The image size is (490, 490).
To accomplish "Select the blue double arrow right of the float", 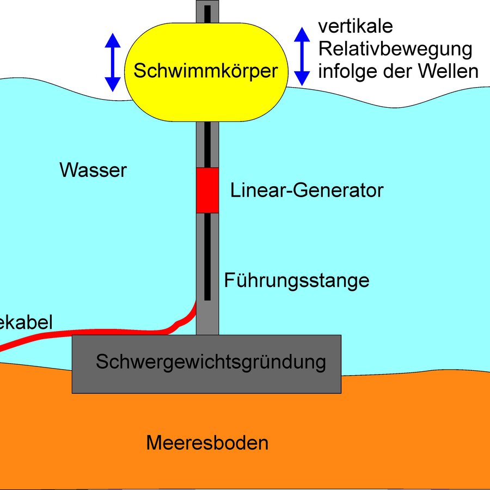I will [302, 57].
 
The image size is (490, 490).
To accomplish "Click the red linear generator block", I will [207, 191].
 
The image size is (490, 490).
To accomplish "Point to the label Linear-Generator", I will [307, 191].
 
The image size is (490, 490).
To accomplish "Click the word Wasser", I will [93, 170].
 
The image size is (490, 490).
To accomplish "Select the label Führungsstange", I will [297, 281].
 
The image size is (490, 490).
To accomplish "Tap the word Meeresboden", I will [207, 443].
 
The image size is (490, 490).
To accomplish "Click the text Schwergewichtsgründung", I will [211, 362].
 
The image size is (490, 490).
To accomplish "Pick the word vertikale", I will [355, 26].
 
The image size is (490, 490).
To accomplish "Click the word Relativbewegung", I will [395, 49].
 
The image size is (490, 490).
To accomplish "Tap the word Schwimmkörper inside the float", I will [206, 71].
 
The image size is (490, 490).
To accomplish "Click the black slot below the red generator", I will [207, 256].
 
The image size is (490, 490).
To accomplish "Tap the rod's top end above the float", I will [207, 11].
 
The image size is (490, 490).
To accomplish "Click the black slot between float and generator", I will [207, 144].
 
